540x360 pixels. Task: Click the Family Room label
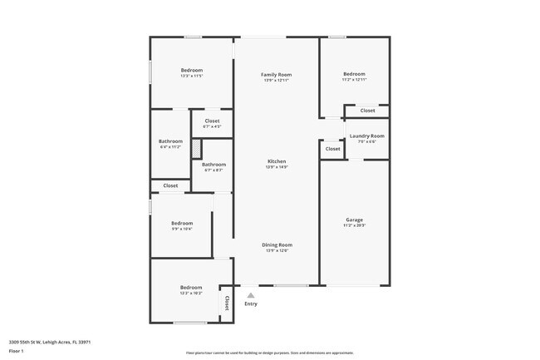277,75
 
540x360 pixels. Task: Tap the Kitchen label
277,160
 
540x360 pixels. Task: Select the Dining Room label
277,244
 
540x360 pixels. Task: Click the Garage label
354,219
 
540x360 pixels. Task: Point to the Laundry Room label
366,136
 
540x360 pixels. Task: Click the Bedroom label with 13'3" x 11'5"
192,70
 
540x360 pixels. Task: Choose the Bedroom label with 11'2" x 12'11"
354,74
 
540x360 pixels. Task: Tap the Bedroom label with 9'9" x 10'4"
182,223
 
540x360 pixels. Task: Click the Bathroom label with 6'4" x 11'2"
170,141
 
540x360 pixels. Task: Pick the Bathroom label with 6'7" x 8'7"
214,165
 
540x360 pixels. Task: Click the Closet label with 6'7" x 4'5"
212,121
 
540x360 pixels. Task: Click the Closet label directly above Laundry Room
367,111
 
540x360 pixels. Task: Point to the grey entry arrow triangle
251,294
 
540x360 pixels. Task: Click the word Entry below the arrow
251,303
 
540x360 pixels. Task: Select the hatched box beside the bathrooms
196,148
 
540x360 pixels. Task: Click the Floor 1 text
17,351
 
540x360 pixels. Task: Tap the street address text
50,342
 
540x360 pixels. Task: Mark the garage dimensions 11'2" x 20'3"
354,225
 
